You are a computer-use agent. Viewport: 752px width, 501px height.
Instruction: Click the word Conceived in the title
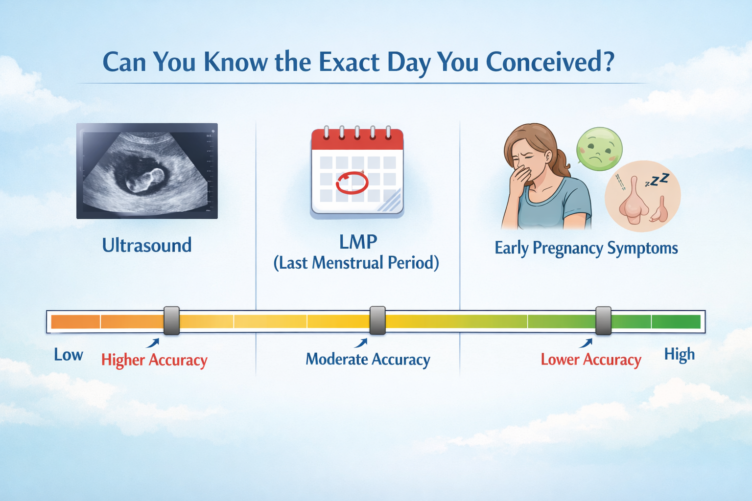(x=550, y=63)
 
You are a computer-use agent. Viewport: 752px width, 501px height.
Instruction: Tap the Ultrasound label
(x=147, y=245)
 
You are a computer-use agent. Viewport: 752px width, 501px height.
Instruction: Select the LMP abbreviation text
(x=358, y=242)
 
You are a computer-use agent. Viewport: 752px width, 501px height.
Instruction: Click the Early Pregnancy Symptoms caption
(x=586, y=249)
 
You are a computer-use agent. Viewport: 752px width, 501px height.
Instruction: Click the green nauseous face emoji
(x=599, y=149)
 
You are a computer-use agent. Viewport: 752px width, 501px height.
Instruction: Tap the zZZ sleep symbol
(x=657, y=180)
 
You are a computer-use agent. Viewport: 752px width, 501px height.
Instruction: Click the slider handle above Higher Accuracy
(x=171, y=320)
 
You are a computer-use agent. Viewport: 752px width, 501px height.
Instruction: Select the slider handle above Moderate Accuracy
(x=377, y=320)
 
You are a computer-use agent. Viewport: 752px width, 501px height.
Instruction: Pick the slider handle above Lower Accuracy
(x=603, y=320)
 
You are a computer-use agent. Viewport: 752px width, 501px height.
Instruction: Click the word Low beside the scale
(x=69, y=355)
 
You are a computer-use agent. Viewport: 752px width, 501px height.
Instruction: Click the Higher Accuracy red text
(x=154, y=361)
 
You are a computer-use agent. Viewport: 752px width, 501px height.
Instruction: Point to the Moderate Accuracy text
(x=368, y=360)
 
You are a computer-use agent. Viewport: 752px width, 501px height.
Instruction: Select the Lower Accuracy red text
(x=591, y=360)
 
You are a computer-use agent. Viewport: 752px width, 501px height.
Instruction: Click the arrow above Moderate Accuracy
(x=361, y=343)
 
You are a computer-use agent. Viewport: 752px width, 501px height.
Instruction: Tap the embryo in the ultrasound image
(x=145, y=180)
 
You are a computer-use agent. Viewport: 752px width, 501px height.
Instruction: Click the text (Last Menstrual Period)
(x=356, y=263)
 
